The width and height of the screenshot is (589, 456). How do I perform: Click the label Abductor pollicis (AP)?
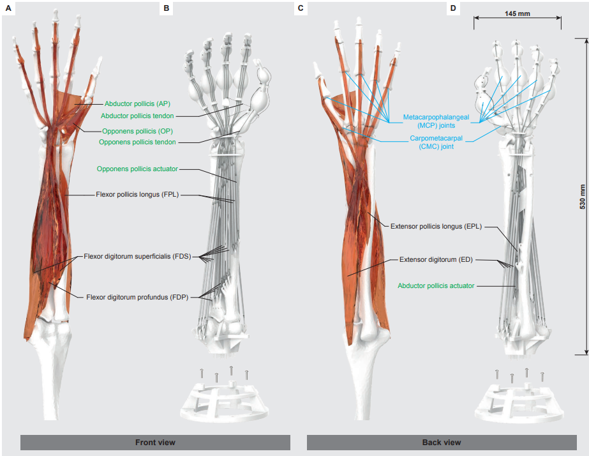pos(137,103)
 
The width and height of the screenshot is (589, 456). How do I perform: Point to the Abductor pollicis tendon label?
pos(137,116)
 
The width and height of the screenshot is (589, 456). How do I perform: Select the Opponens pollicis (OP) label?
pos(138,131)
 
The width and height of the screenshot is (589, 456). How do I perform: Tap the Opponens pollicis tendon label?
pos(137,142)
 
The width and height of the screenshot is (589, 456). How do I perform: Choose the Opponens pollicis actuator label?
pos(137,169)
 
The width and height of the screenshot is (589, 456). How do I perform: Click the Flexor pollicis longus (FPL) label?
pos(137,194)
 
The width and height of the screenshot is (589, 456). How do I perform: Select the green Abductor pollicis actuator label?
pos(436,285)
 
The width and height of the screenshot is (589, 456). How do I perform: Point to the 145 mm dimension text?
pos(517,13)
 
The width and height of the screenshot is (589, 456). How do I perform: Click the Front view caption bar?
pos(155,442)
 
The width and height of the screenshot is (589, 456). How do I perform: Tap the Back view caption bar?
pos(441,442)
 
